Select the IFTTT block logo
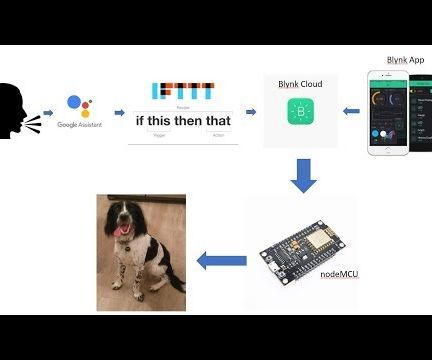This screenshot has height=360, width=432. [x=181, y=93]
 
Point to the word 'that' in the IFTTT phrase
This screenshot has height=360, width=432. [x=214, y=121]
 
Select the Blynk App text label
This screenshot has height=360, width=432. [x=405, y=60]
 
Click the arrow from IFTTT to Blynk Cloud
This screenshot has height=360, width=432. [x=250, y=112]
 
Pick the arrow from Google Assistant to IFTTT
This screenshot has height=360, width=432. [x=119, y=113]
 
